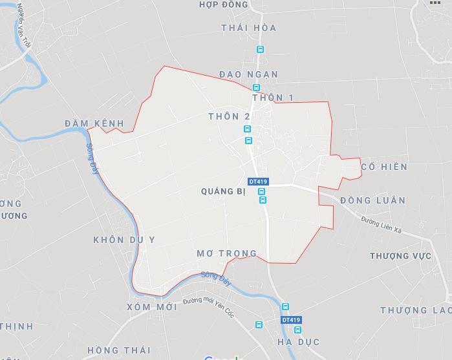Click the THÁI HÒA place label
pos(248,28)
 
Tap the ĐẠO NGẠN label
pos(248,74)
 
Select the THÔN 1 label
pos(273,98)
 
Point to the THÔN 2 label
pos(229,116)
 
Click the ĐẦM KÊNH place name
pos(94,123)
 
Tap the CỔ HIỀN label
pos(384,167)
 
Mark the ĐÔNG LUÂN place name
pos(372,200)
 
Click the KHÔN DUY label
pos(124,239)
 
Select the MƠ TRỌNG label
pos(226,253)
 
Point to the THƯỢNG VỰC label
pos(400,256)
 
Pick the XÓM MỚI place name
pos(152,307)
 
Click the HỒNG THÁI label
pos(118,350)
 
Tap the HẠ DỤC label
pos(298,341)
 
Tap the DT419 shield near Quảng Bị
pos(258,182)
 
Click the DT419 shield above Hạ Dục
pos(291,320)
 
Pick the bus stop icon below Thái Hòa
pos(260,49)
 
